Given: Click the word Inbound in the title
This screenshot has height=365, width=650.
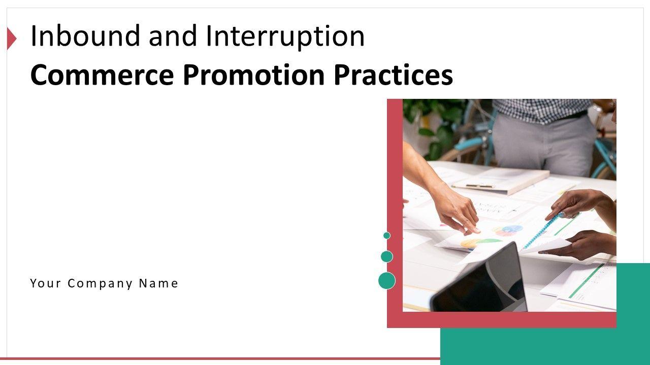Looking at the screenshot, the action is click(x=85, y=36).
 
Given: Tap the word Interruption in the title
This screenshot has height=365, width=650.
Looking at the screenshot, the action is click(x=285, y=38).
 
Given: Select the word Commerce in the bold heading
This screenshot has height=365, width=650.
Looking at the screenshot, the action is click(x=102, y=75).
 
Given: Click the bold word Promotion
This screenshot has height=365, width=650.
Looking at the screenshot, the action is click(x=253, y=75).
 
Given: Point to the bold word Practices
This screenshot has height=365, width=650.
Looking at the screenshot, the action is click(x=393, y=75).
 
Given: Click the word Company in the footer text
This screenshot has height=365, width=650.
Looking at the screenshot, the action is click(x=100, y=284).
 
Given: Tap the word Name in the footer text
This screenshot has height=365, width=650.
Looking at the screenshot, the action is click(x=158, y=283).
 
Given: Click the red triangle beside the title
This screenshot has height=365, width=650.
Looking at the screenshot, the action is click(x=12, y=38).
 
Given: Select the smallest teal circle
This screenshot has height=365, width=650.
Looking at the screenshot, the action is click(x=387, y=236).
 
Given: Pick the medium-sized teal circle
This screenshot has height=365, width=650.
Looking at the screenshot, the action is click(x=387, y=257).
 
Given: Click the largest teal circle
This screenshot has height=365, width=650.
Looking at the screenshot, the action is click(x=387, y=280).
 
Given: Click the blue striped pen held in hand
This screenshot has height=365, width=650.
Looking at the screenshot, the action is click(x=543, y=231).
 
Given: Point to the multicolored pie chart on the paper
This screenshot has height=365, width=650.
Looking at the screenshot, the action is click(x=508, y=230).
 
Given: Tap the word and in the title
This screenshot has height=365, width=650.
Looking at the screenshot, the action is click(x=173, y=36).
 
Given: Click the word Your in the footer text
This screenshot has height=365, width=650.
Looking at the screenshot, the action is click(x=46, y=283).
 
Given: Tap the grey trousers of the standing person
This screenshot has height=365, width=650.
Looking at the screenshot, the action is click(x=543, y=145).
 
